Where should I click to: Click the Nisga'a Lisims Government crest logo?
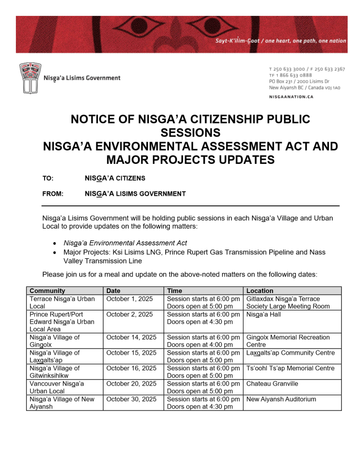[30, 78]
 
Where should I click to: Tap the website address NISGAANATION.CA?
[291, 97]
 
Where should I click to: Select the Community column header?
[47, 291]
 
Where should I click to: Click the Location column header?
[260, 291]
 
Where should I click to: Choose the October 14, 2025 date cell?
[131, 337]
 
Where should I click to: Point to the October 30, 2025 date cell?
[131, 399]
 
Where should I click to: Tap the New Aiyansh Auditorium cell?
[281, 399]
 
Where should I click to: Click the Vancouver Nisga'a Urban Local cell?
[56, 387]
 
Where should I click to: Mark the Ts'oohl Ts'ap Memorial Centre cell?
[290, 368]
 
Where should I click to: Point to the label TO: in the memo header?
[48, 178]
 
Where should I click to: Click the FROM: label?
[53, 194]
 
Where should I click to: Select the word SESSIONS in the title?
[190, 133]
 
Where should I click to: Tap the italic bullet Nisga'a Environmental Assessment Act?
[125, 243]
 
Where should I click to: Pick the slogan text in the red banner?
[280, 41]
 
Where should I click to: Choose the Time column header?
[175, 291]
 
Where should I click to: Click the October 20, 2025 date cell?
[131, 384]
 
